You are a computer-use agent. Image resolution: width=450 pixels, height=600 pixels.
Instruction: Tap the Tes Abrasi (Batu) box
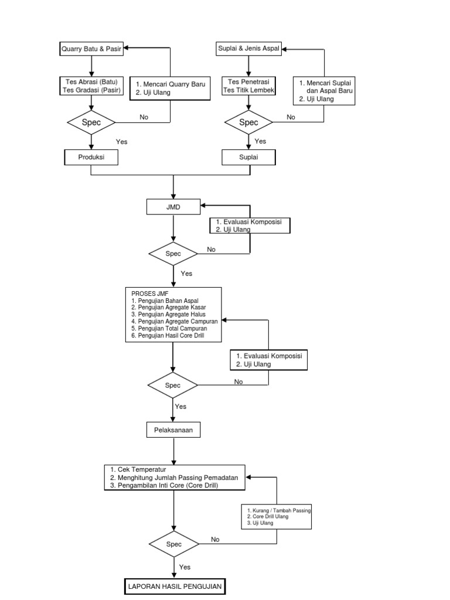click(91, 86)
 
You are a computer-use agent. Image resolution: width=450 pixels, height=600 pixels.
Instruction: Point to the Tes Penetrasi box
click(249, 86)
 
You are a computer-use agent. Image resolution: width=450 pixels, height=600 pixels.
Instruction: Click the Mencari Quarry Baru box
click(169, 88)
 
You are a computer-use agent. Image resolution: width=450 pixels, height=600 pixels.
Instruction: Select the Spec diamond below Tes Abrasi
click(91, 122)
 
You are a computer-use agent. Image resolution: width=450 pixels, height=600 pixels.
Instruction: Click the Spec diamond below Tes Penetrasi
click(249, 122)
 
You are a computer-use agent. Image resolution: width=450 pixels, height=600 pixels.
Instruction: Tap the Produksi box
click(91, 157)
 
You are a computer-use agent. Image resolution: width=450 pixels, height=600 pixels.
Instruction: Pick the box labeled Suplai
click(249, 157)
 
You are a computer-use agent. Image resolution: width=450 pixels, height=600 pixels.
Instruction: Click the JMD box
click(173, 206)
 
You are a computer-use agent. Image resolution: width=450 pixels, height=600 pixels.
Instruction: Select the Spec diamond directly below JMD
click(173, 254)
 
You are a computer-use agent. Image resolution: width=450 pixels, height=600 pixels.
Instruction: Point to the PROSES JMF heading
click(147, 294)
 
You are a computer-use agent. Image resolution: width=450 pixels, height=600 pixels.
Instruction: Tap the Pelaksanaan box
click(173, 430)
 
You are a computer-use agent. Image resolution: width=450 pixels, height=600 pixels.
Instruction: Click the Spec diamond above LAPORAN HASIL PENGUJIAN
click(173, 544)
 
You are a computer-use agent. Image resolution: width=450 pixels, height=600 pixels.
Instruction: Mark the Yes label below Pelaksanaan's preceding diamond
click(180, 406)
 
